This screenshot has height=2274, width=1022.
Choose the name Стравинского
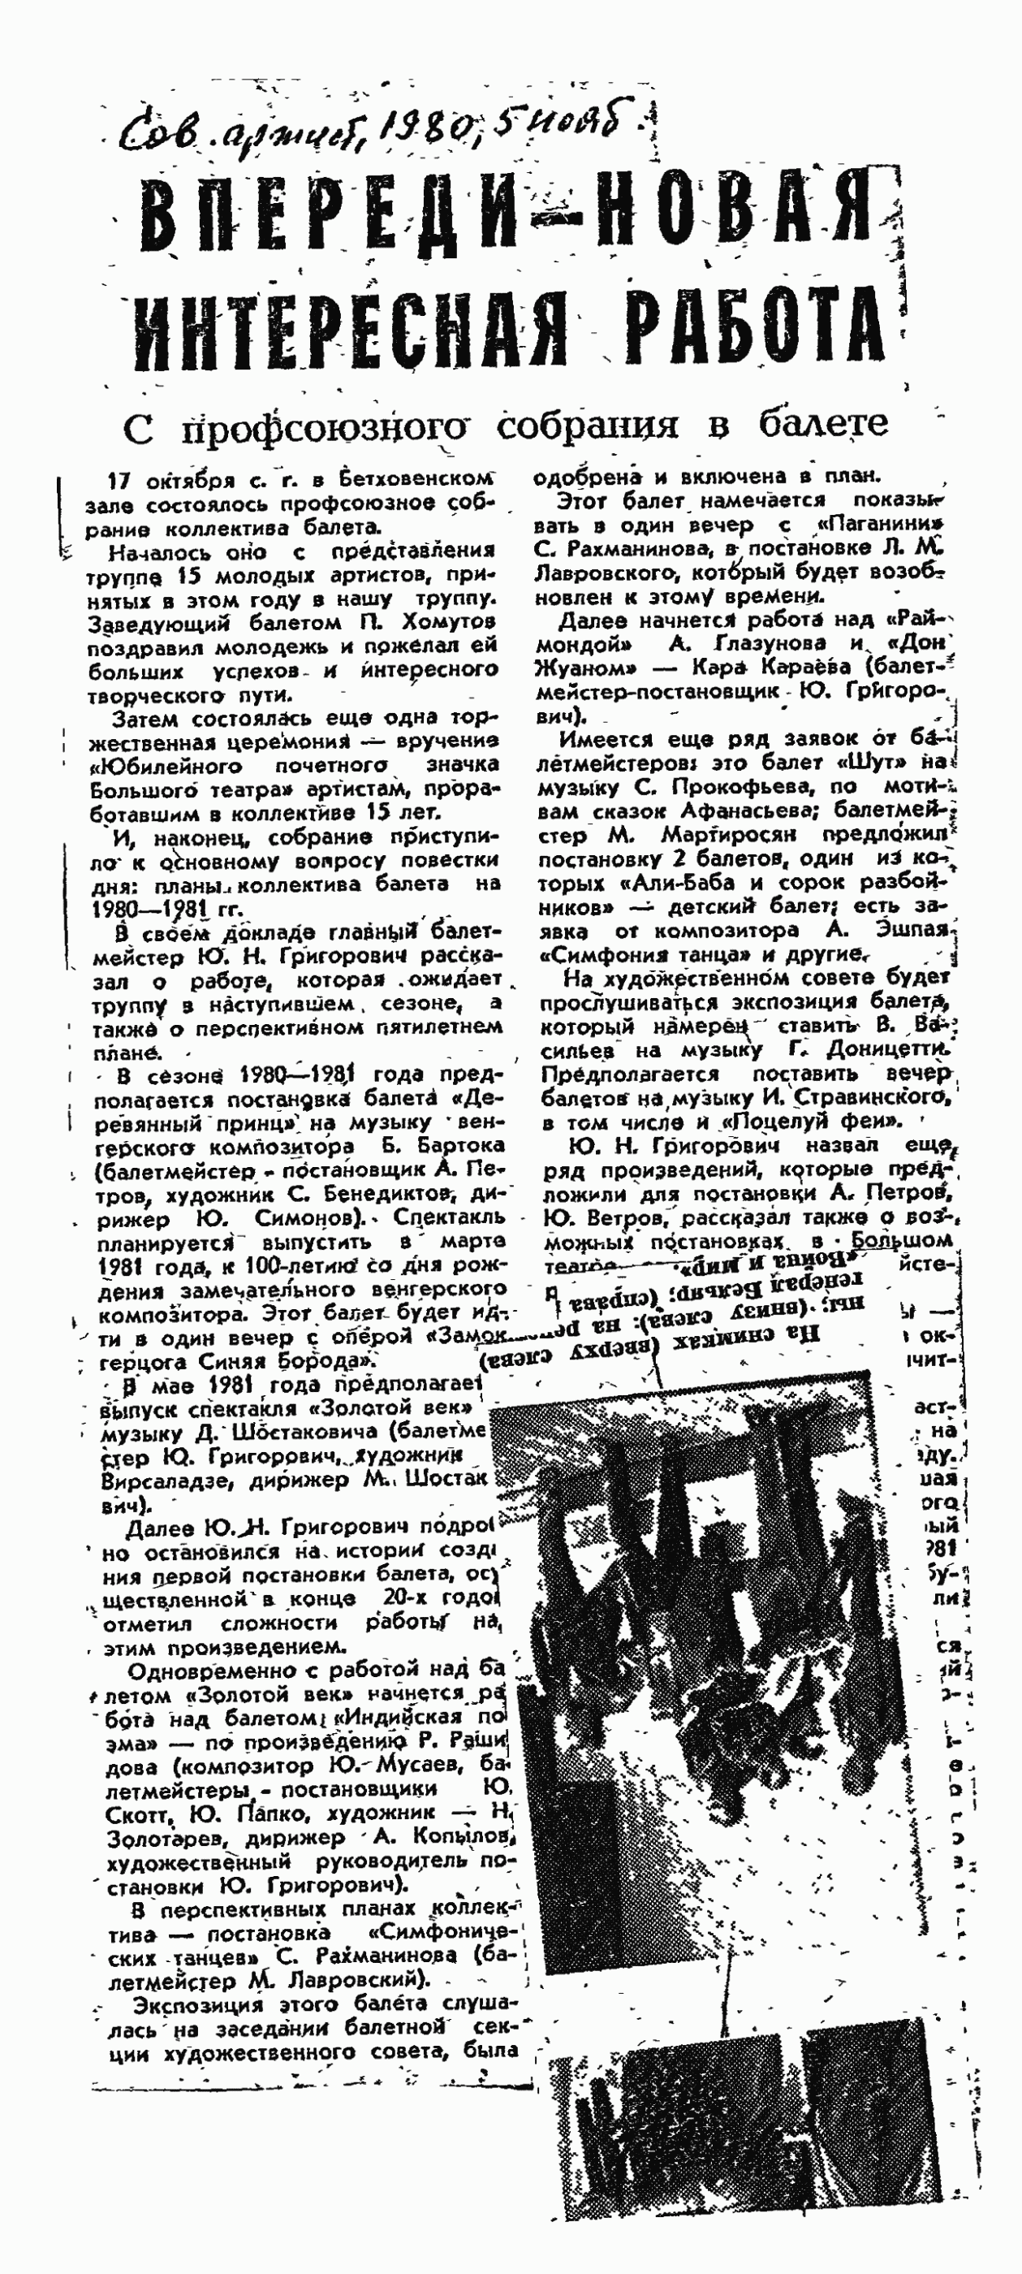[x=873, y=1098]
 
